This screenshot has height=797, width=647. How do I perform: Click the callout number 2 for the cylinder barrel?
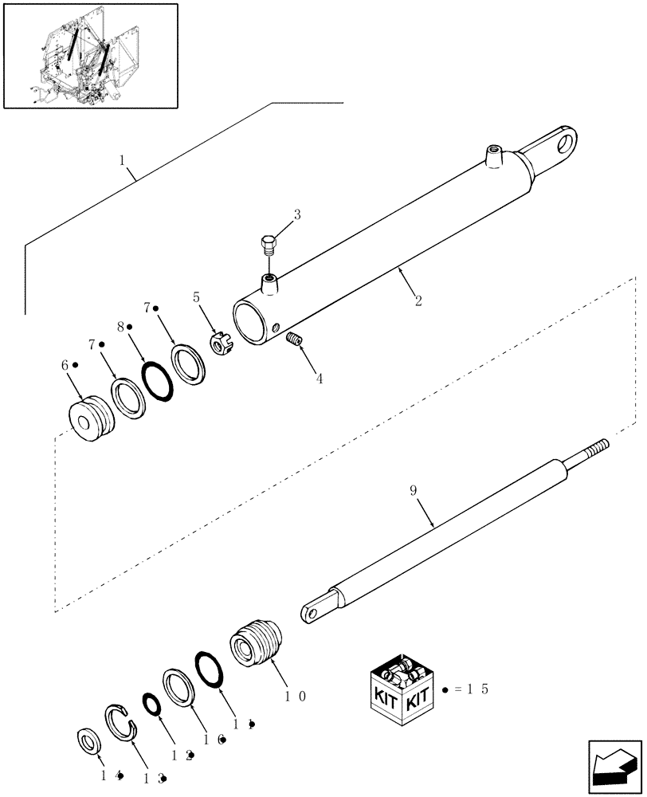pos(418,301)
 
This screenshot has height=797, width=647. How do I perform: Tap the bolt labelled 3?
pos(269,242)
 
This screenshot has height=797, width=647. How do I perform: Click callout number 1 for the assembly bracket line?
pos(122,160)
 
